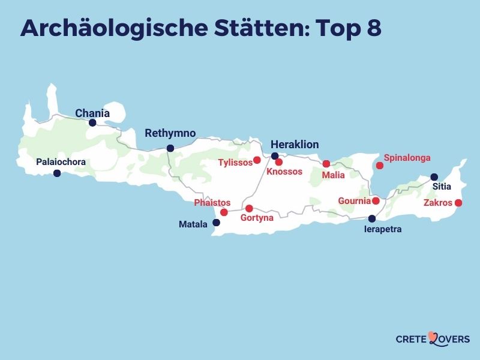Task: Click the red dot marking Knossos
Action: (x=279, y=162)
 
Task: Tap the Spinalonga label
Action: (x=407, y=158)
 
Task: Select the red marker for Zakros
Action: (x=458, y=203)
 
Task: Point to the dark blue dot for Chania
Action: (x=92, y=123)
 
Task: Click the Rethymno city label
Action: (x=170, y=133)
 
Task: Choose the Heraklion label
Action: (x=295, y=145)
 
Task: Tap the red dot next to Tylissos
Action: (x=257, y=160)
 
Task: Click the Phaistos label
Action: (x=212, y=203)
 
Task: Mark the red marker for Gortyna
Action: (x=249, y=208)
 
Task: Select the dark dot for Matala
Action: (x=217, y=223)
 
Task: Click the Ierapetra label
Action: (x=383, y=229)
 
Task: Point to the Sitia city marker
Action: (x=434, y=177)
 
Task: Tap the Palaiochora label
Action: (x=61, y=162)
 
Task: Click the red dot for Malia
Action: (x=326, y=164)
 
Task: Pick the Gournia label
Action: (x=354, y=201)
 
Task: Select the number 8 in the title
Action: (x=373, y=29)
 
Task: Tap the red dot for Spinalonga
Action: (x=379, y=166)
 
